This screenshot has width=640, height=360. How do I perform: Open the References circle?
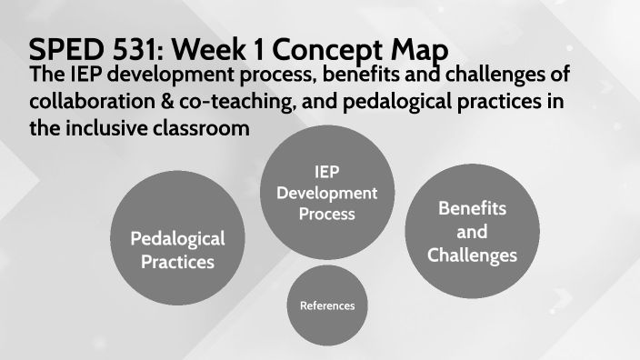click(x=327, y=305)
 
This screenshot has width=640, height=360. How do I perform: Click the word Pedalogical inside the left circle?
click(x=177, y=239)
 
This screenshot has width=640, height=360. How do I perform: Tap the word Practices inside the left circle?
click(x=177, y=262)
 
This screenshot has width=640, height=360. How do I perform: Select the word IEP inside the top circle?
click(x=327, y=173)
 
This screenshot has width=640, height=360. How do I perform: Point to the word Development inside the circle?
click(x=327, y=193)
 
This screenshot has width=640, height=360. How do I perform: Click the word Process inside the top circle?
click(x=327, y=214)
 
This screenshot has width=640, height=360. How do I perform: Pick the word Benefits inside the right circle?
click(x=472, y=208)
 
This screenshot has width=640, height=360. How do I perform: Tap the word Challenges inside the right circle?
click(x=472, y=255)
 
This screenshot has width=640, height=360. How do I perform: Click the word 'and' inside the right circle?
click(x=472, y=232)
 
